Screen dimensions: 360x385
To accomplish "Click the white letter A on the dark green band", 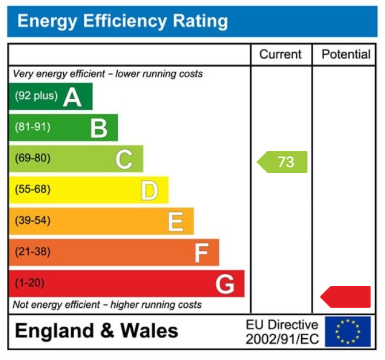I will [72, 97].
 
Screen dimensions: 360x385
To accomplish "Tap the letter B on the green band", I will [99, 128].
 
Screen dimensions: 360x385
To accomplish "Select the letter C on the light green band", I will [124, 159].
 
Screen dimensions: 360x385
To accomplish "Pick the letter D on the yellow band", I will [149, 190].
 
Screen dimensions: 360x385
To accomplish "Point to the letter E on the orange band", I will [175, 221].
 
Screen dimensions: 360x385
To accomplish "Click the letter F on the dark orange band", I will [201, 252].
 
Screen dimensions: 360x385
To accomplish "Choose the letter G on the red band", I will [225, 284].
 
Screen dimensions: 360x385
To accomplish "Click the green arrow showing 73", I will [282, 162].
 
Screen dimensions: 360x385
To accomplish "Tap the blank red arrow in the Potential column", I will [345, 296].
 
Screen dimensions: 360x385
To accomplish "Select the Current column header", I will [280, 55].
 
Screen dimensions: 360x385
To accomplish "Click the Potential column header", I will [346, 55].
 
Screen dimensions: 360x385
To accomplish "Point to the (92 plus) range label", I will [36, 96].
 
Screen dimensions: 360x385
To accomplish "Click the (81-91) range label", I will [33, 127].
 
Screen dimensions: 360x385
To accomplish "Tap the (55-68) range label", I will [33, 189].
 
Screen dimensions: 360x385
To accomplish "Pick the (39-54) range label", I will [33, 220].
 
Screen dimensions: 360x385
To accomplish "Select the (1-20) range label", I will [30, 282].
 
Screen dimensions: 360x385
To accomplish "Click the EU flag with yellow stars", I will [348, 331].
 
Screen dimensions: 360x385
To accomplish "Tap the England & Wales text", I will [97, 331].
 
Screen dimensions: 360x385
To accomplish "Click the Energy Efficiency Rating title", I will [122, 22].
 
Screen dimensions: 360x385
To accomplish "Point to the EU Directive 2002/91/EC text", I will [282, 332].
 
